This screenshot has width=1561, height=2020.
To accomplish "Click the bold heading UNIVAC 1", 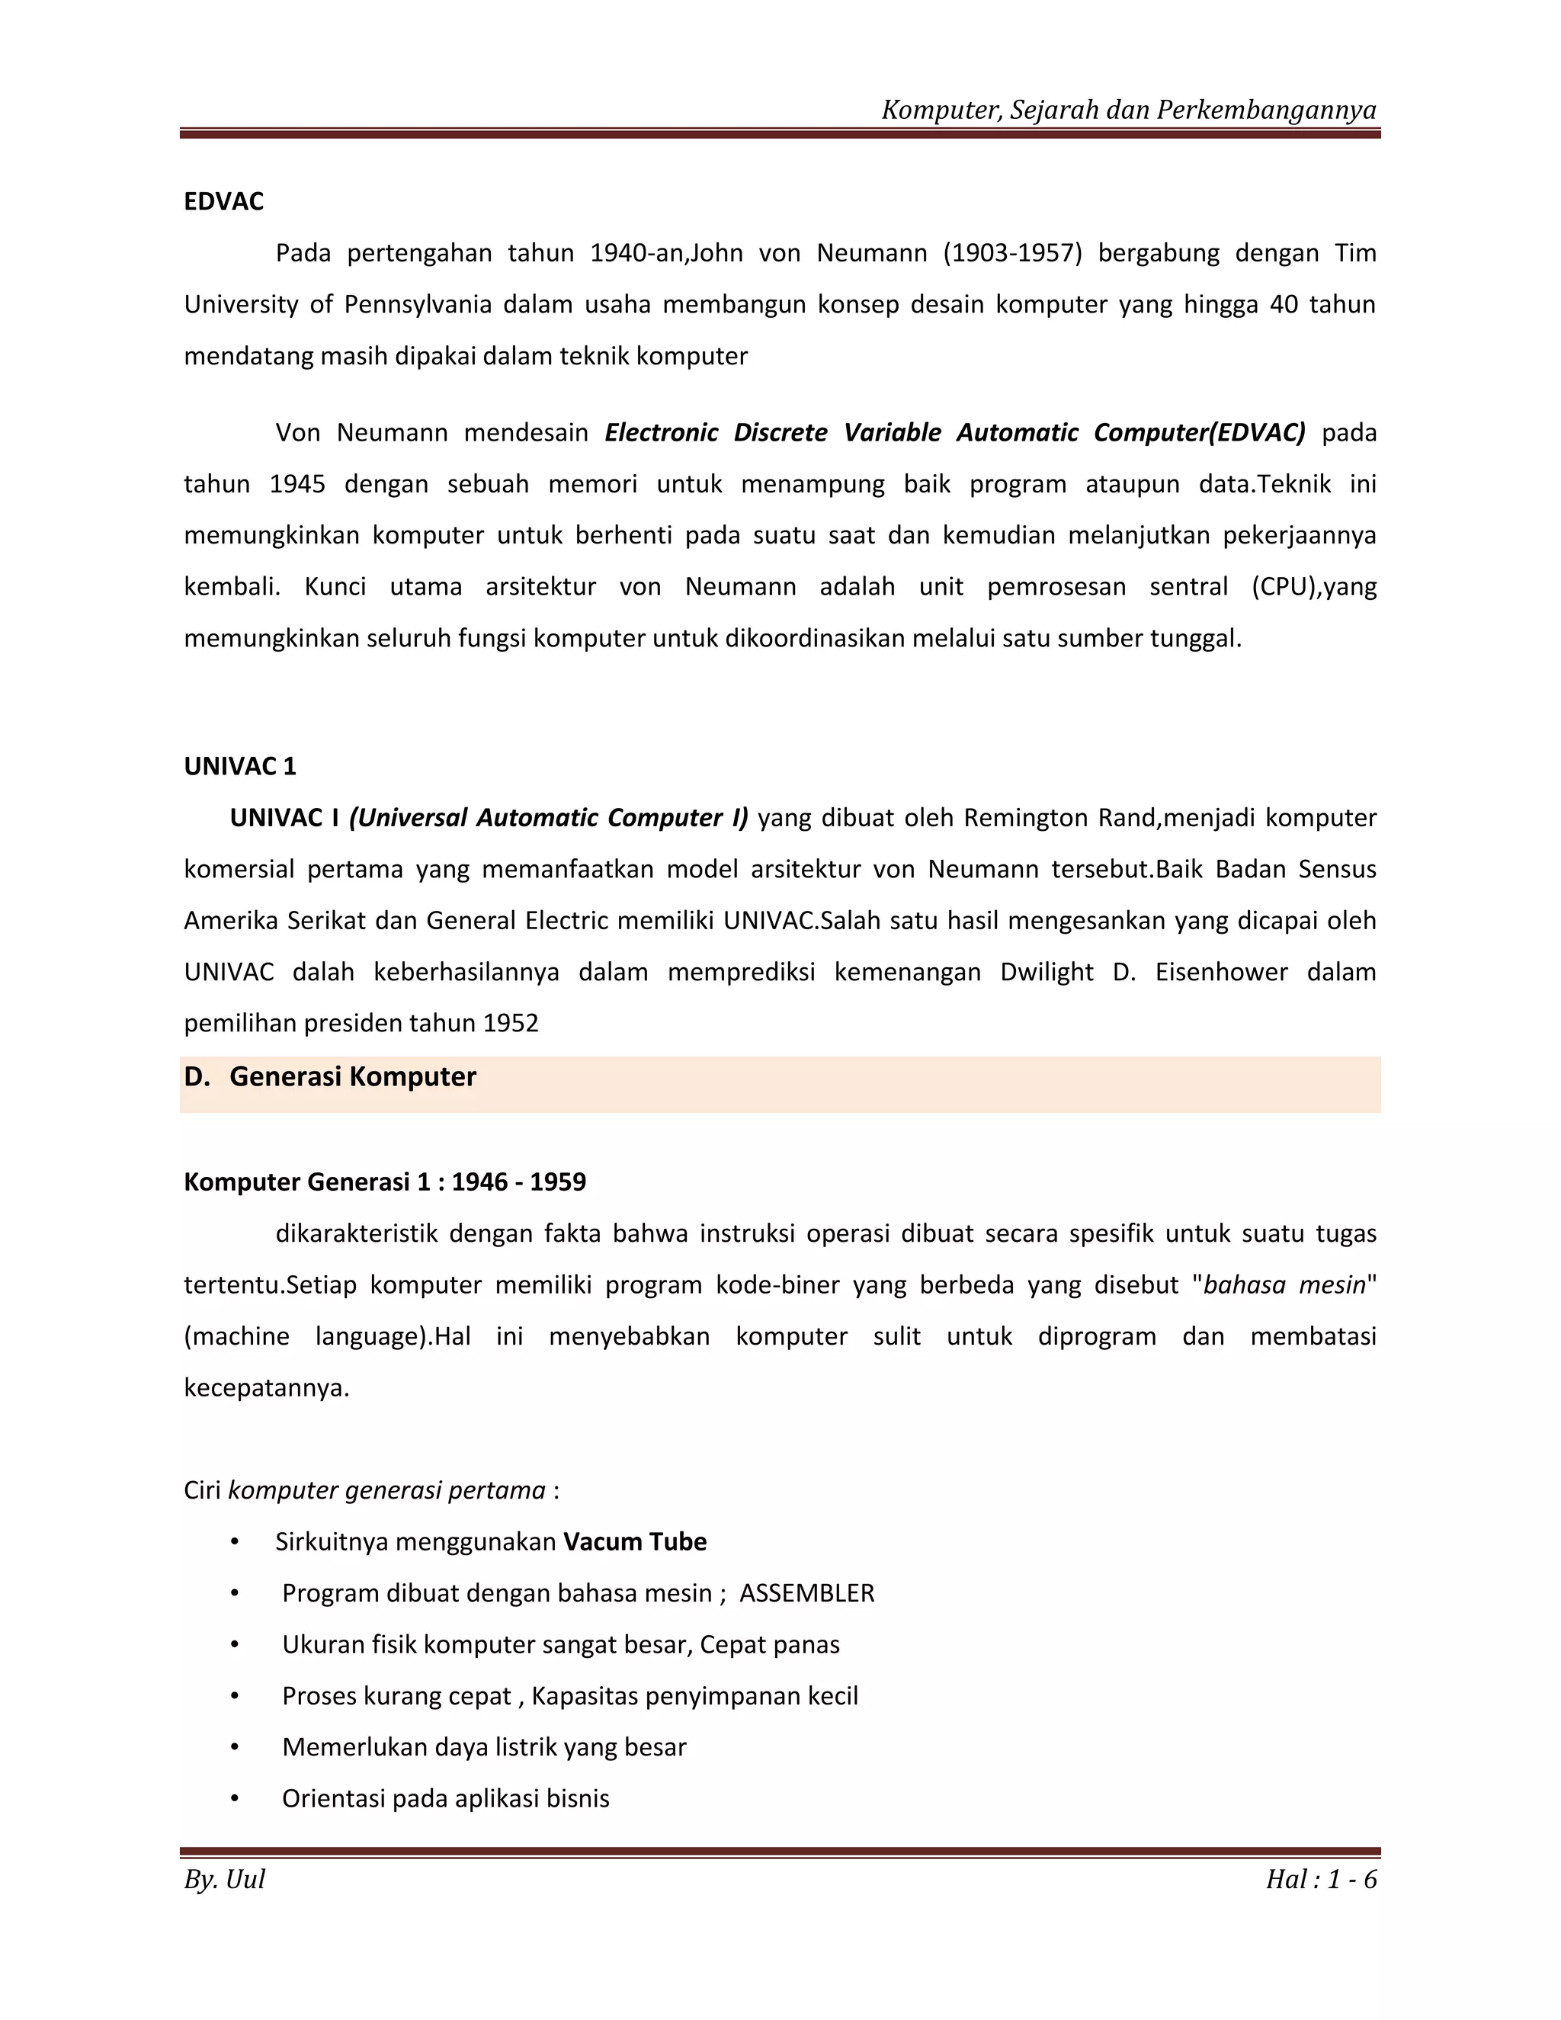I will click(239, 766).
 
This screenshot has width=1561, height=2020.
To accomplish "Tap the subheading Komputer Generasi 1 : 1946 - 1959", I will click(385, 1182).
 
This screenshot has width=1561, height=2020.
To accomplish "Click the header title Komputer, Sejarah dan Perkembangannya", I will click(1128, 110).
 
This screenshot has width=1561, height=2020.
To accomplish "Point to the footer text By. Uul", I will click(225, 1880).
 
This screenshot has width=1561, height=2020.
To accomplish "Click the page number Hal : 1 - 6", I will click(1321, 1880).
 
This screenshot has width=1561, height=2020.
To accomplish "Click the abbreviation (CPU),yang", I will click(1313, 587).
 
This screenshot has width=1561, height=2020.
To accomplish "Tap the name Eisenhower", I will click(1221, 972).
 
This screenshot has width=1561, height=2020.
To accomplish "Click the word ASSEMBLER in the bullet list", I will click(806, 1594).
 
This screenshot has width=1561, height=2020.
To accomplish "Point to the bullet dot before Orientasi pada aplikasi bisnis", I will click(235, 1799).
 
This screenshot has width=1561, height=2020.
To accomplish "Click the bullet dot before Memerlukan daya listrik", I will click(235, 1747).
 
